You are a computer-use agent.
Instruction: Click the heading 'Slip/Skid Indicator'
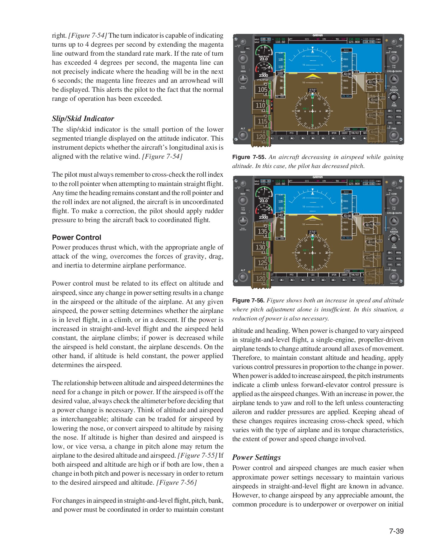83,119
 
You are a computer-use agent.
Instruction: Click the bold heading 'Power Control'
77,237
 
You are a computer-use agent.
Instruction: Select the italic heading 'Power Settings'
256,457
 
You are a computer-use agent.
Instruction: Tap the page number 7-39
396,531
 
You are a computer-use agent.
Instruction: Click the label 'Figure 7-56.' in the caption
248,301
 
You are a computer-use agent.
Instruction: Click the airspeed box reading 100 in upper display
280,74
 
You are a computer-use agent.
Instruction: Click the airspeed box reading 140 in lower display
280,215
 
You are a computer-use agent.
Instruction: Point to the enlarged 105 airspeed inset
262,90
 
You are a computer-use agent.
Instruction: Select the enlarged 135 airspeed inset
262,231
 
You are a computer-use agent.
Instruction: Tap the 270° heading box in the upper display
312,91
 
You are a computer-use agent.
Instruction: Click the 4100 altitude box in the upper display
347,74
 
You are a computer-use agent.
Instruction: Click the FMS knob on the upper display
394,135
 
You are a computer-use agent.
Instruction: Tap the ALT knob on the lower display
243,277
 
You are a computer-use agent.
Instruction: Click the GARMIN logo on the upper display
318,35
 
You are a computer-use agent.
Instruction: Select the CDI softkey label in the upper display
312,133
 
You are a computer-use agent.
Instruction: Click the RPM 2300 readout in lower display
263,217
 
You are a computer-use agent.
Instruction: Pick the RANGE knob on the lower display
394,239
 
